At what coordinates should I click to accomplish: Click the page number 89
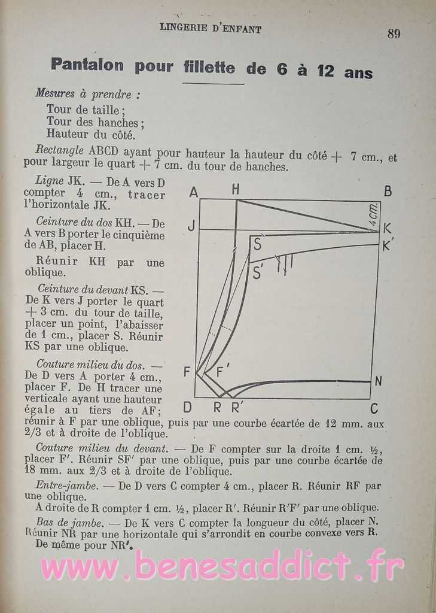click(x=394, y=34)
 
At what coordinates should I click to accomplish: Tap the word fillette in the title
click(x=209, y=67)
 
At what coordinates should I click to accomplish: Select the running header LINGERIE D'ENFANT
click(x=211, y=28)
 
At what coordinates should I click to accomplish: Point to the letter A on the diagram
click(x=193, y=192)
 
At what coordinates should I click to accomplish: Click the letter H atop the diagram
click(x=236, y=190)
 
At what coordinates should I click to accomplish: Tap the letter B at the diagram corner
click(x=388, y=192)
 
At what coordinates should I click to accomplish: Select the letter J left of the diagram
click(x=191, y=226)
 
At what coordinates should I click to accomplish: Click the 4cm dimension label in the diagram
click(x=373, y=213)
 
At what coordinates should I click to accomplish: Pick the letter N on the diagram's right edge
click(x=378, y=381)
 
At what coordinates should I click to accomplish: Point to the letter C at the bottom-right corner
click(x=374, y=409)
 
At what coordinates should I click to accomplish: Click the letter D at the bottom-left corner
click(x=187, y=408)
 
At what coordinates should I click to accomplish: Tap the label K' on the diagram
click(x=388, y=245)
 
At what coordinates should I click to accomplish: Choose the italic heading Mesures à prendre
click(x=88, y=93)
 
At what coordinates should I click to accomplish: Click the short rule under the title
click(x=213, y=83)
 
